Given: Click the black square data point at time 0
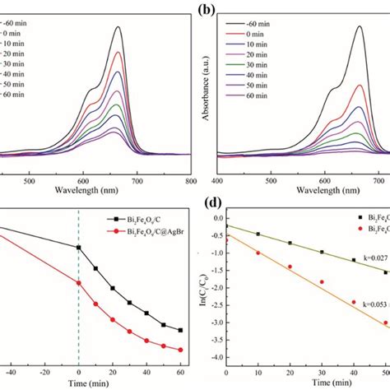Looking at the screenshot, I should coord(79,247).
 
